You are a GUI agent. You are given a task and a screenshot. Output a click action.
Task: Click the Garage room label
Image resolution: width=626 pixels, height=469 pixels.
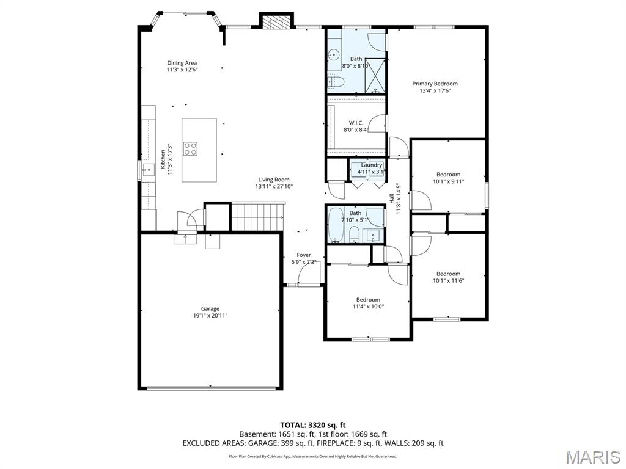coord(210,308)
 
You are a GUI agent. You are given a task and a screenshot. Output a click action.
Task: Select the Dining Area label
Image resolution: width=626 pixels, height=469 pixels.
coord(182,63)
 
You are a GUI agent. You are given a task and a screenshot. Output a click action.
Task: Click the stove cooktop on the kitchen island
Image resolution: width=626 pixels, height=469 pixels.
coord(190,149)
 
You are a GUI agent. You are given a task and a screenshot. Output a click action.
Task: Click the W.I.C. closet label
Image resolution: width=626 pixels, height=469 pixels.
coord(356,123)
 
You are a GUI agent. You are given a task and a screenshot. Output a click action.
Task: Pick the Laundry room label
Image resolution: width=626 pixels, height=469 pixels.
coord(371,165)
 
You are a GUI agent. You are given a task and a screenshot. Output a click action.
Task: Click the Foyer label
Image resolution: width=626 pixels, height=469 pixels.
coord(304,255)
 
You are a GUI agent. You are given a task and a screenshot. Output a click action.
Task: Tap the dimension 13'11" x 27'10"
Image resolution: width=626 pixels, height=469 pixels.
coord(274,187)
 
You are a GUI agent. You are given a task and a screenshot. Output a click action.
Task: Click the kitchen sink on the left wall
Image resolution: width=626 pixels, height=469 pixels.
coord(147,169)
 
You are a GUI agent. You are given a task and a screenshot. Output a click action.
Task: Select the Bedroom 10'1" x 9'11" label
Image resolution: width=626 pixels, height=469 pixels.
coord(448,175)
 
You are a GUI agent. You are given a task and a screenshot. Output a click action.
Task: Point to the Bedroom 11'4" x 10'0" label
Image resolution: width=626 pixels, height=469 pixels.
coord(368,299)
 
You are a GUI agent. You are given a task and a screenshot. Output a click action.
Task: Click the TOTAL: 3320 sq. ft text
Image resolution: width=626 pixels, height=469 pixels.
coord(313,424)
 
